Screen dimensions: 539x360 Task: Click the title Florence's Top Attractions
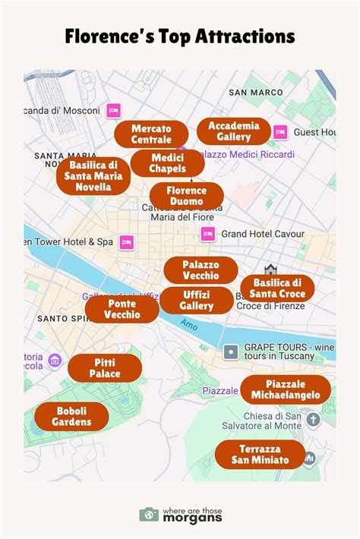(180, 36)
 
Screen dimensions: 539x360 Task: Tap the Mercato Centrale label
(151, 134)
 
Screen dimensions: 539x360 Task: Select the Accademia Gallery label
(233, 131)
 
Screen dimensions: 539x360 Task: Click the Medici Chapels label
(167, 163)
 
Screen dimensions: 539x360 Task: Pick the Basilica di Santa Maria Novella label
(93, 175)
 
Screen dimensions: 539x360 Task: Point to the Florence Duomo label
(187, 196)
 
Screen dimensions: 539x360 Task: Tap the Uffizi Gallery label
(196, 300)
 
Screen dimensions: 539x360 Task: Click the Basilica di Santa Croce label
(277, 288)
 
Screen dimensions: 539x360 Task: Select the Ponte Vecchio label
(122, 309)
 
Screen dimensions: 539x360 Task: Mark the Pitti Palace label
(105, 368)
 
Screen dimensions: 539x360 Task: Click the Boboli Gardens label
(71, 416)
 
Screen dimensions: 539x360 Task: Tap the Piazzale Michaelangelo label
(286, 389)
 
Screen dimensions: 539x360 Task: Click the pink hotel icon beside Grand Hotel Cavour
(207, 234)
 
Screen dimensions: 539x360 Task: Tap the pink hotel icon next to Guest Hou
(280, 132)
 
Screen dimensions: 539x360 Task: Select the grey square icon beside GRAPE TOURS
(231, 351)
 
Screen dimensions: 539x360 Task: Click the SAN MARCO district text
(251, 92)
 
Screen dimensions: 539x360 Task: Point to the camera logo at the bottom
(149, 515)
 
